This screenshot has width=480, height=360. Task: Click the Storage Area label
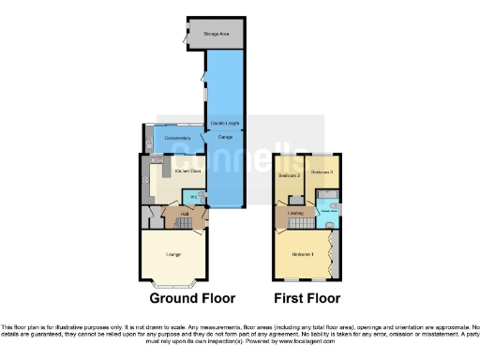pyautogui.click(x=217, y=35)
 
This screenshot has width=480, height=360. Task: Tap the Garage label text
pyautogui.click(x=225, y=138)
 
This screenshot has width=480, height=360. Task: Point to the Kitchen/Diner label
pyautogui.click(x=187, y=172)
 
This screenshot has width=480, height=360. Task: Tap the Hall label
pyautogui.click(x=186, y=215)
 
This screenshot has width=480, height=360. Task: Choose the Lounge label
pyautogui.click(x=173, y=254)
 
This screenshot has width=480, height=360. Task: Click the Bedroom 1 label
pyautogui.click(x=302, y=254)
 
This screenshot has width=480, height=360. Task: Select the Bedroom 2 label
pyautogui.click(x=289, y=175)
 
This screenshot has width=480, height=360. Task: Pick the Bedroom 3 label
pyautogui.click(x=322, y=172)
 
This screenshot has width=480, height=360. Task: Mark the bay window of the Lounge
pyautogui.click(x=173, y=282)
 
